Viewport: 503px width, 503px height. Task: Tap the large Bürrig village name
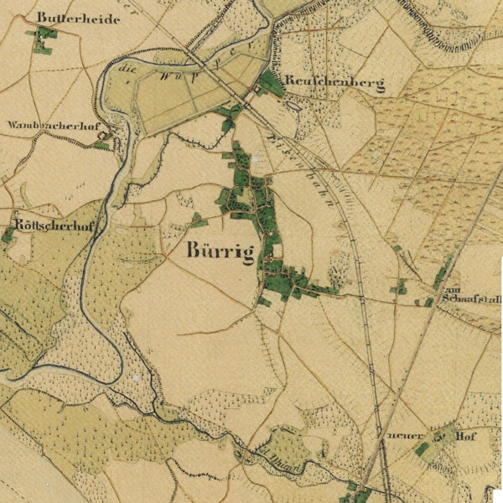click(221, 251)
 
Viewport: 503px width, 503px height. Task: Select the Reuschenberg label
click(334, 83)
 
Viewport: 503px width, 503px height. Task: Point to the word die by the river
click(127, 70)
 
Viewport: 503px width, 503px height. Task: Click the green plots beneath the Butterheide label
click(42, 39)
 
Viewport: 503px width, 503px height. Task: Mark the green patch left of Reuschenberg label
click(270, 82)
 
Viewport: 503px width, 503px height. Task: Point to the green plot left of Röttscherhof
click(8, 236)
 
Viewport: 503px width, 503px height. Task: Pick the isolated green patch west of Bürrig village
click(198, 220)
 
